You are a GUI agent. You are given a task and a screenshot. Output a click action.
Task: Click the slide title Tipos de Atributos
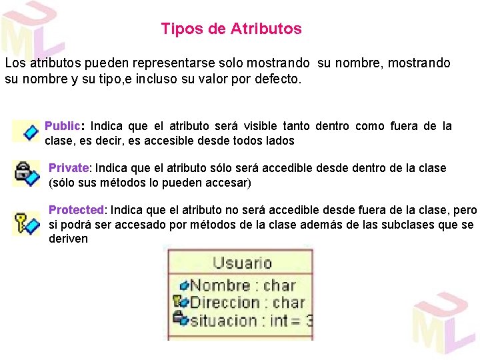pyautogui.click(x=231, y=29)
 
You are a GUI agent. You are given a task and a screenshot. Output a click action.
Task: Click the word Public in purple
pyautogui.click(x=63, y=126)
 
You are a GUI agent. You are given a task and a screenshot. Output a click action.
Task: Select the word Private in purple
pyautogui.click(x=69, y=168)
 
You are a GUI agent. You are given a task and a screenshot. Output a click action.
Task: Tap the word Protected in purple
pyautogui.click(x=77, y=210)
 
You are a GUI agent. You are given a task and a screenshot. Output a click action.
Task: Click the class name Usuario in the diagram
pyautogui.click(x=242, y=263)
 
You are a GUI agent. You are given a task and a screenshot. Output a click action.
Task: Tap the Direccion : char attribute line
pyautogui.click(x=247, y=303)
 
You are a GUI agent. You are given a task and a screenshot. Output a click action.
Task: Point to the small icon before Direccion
pyautogui.click(x=181, y=303)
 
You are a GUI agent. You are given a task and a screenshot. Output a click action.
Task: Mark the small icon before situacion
pyautogui.click(x=181, y=319)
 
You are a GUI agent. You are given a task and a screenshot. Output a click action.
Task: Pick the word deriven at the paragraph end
pyautogui.click(x=68, y=239)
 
